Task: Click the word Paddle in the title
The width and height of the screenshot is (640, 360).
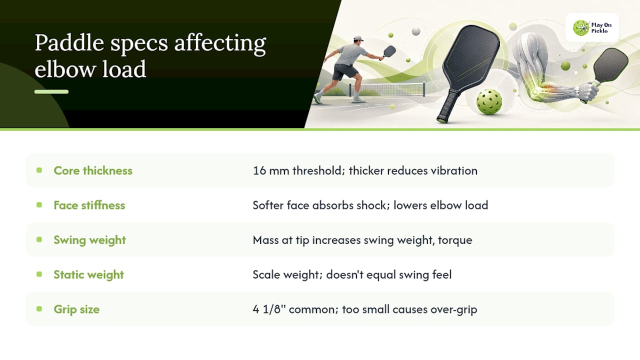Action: click(x=69, y=43)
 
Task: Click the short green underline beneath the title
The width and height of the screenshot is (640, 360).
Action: click(x=51, y=91)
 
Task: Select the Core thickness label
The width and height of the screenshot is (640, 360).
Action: click(x=93, y=170)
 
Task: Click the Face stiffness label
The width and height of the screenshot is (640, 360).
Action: click(x=89, y=205)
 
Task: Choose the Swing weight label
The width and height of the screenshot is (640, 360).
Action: click(x=89, y=240)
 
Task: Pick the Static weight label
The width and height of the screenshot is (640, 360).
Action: click(x=89, y=274)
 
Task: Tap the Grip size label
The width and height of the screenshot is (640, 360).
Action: click(x=76, y=309)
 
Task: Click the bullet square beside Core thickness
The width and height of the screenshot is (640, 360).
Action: click(x=39, y=170)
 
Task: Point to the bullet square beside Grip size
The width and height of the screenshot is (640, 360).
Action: click(x=39, y=309)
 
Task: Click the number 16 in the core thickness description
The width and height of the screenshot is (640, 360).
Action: click(x=259, y=170)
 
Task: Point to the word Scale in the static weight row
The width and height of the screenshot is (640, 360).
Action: click(x=266, y=274)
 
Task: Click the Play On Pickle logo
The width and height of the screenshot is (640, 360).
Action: click(x=592, y=27)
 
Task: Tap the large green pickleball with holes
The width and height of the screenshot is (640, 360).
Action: click(x=489, y=101)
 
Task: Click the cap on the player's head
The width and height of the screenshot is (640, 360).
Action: click(x=358, y=38)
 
